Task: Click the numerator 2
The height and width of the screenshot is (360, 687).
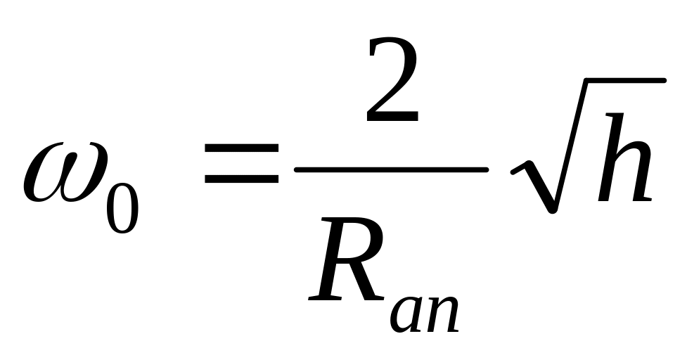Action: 392,84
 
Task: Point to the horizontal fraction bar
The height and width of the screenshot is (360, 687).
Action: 391,169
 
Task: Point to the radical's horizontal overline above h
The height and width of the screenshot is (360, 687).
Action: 619,82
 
